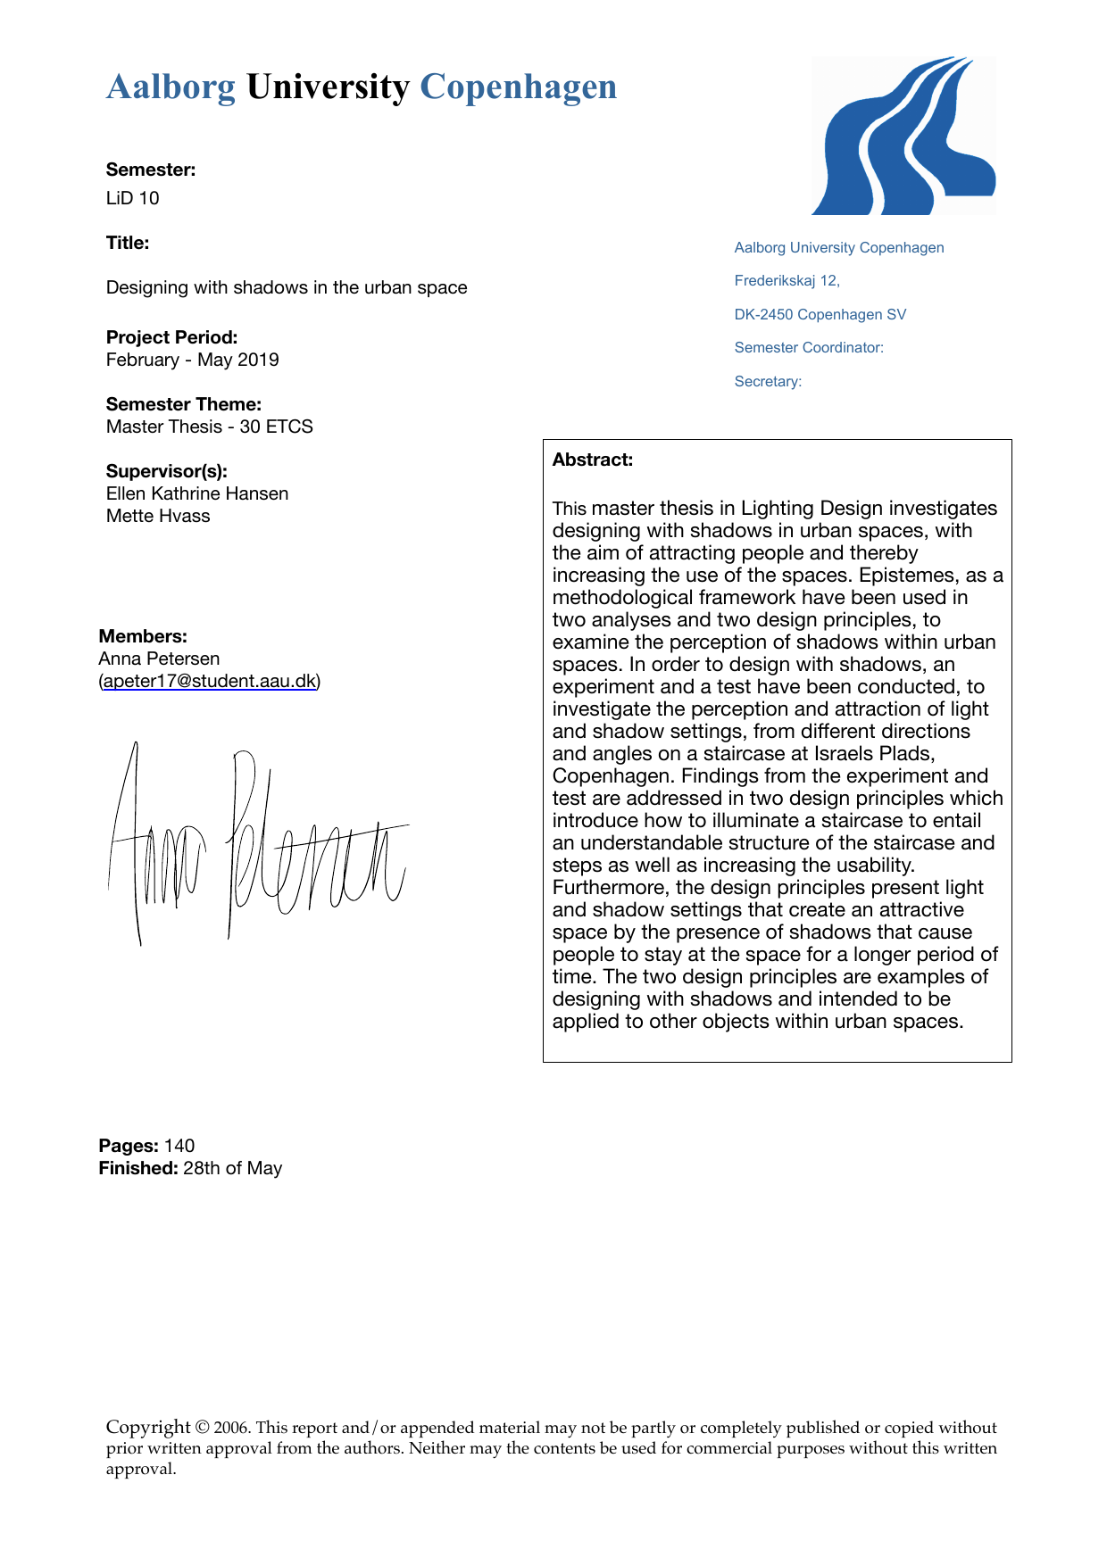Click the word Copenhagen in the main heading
click(518, 87)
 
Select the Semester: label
click(151, 170)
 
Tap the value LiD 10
click(133, 198)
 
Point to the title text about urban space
click(287, 287)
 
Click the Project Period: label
click(171, 337)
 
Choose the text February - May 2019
click(192, 360)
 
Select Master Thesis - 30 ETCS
click(209, 427)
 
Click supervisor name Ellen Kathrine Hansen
click(197, 493)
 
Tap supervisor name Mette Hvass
click(158, 516)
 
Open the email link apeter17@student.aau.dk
click(210, 681)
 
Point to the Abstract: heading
click(593, 460)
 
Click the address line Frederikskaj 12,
click(787, 281)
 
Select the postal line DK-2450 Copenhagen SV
click(820, 314)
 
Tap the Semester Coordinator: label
click(809, 348)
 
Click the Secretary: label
click(768, 381)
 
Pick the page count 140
click(179, 1146)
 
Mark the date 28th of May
click(232, 1168)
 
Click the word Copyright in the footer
click(148, 1427)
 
